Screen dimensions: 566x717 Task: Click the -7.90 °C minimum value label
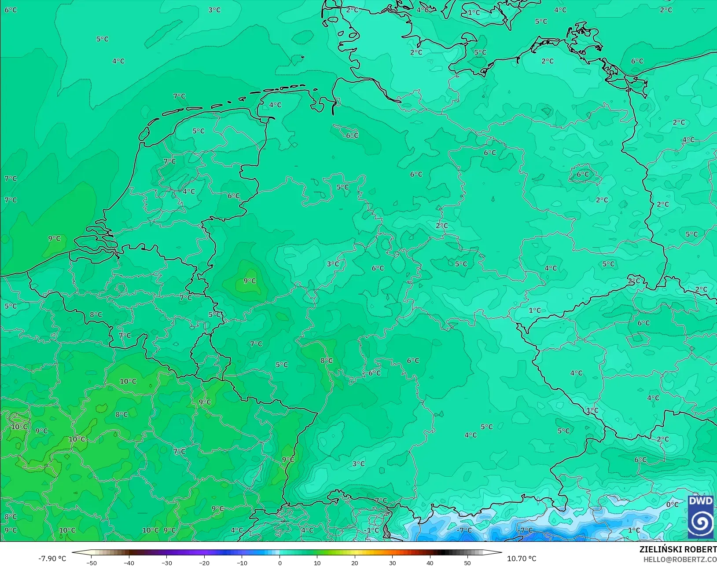coord(52,559)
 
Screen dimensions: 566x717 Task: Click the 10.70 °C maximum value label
coord(522,559)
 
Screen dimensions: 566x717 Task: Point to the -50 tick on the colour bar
coord(92,562)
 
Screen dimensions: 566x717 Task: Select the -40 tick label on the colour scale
coord(129,562)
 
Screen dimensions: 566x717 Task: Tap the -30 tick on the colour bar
coord(166,562)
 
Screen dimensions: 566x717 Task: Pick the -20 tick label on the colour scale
coord(204,562)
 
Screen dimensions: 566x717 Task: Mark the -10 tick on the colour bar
coord(242,562)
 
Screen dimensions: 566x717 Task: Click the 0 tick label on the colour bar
coord(280,562)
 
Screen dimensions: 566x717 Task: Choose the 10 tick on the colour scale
coord(317,562)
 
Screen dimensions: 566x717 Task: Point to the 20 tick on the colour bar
coord(355,562)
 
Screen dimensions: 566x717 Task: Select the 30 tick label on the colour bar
coord(392,562)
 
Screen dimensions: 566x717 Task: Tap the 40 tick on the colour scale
coord(430,562)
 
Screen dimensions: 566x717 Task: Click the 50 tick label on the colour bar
coord(467,562)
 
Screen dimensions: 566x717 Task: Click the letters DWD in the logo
coord(701,501)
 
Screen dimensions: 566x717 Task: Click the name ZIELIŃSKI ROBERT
coord(678,549)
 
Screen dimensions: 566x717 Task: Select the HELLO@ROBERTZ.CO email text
coord(680,559)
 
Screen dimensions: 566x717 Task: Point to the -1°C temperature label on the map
coord(372,530)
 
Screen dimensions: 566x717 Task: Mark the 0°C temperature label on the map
coord(672,504)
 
